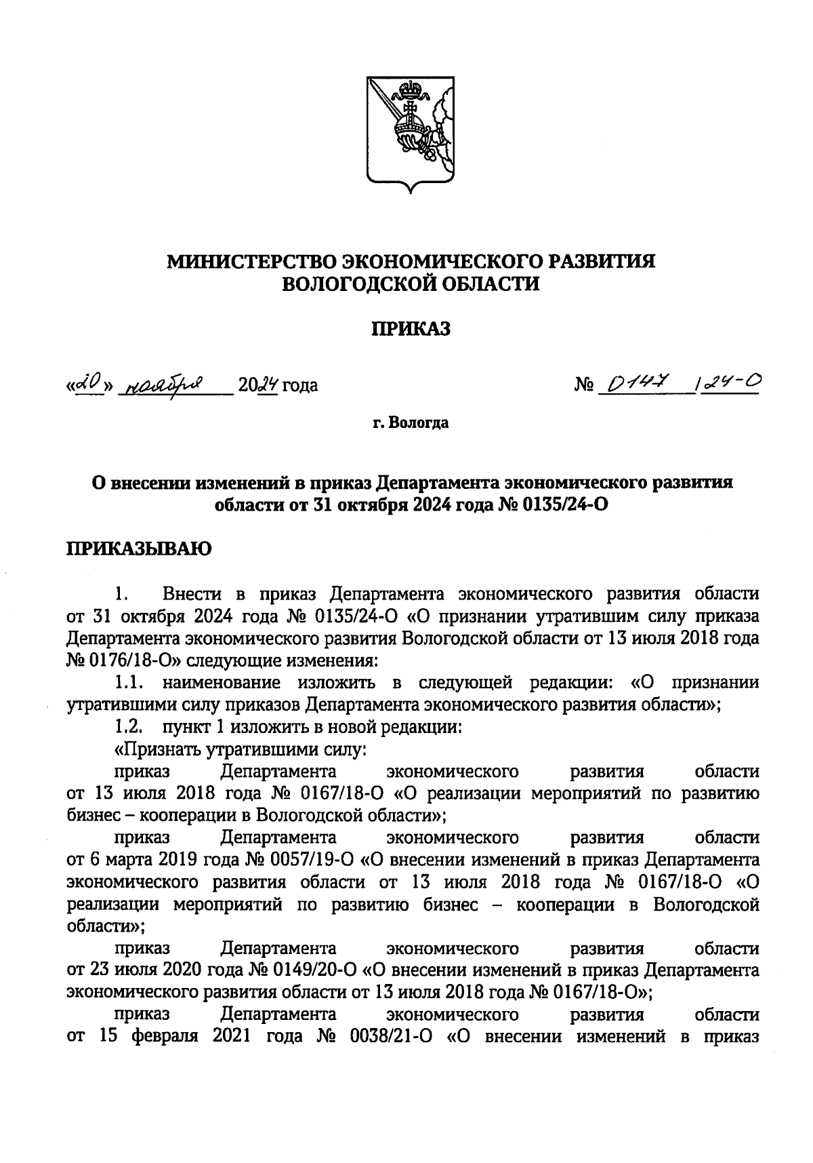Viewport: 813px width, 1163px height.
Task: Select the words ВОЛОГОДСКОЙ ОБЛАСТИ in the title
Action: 411,284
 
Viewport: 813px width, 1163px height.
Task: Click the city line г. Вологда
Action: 411,424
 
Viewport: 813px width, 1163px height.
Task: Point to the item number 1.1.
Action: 127,682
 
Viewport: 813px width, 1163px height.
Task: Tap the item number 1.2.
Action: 127,727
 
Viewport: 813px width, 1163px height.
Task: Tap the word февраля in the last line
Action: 165,1038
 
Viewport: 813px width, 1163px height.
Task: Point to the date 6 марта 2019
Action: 141,861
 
